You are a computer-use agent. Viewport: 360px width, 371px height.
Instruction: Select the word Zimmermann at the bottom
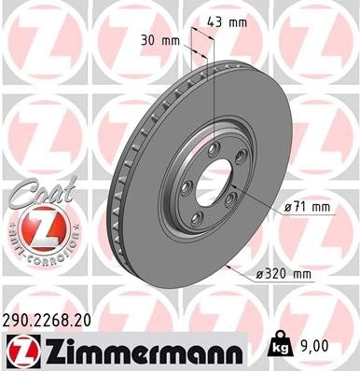pos(135,351)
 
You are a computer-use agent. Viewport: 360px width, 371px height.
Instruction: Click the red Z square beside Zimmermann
pos(21,351)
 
